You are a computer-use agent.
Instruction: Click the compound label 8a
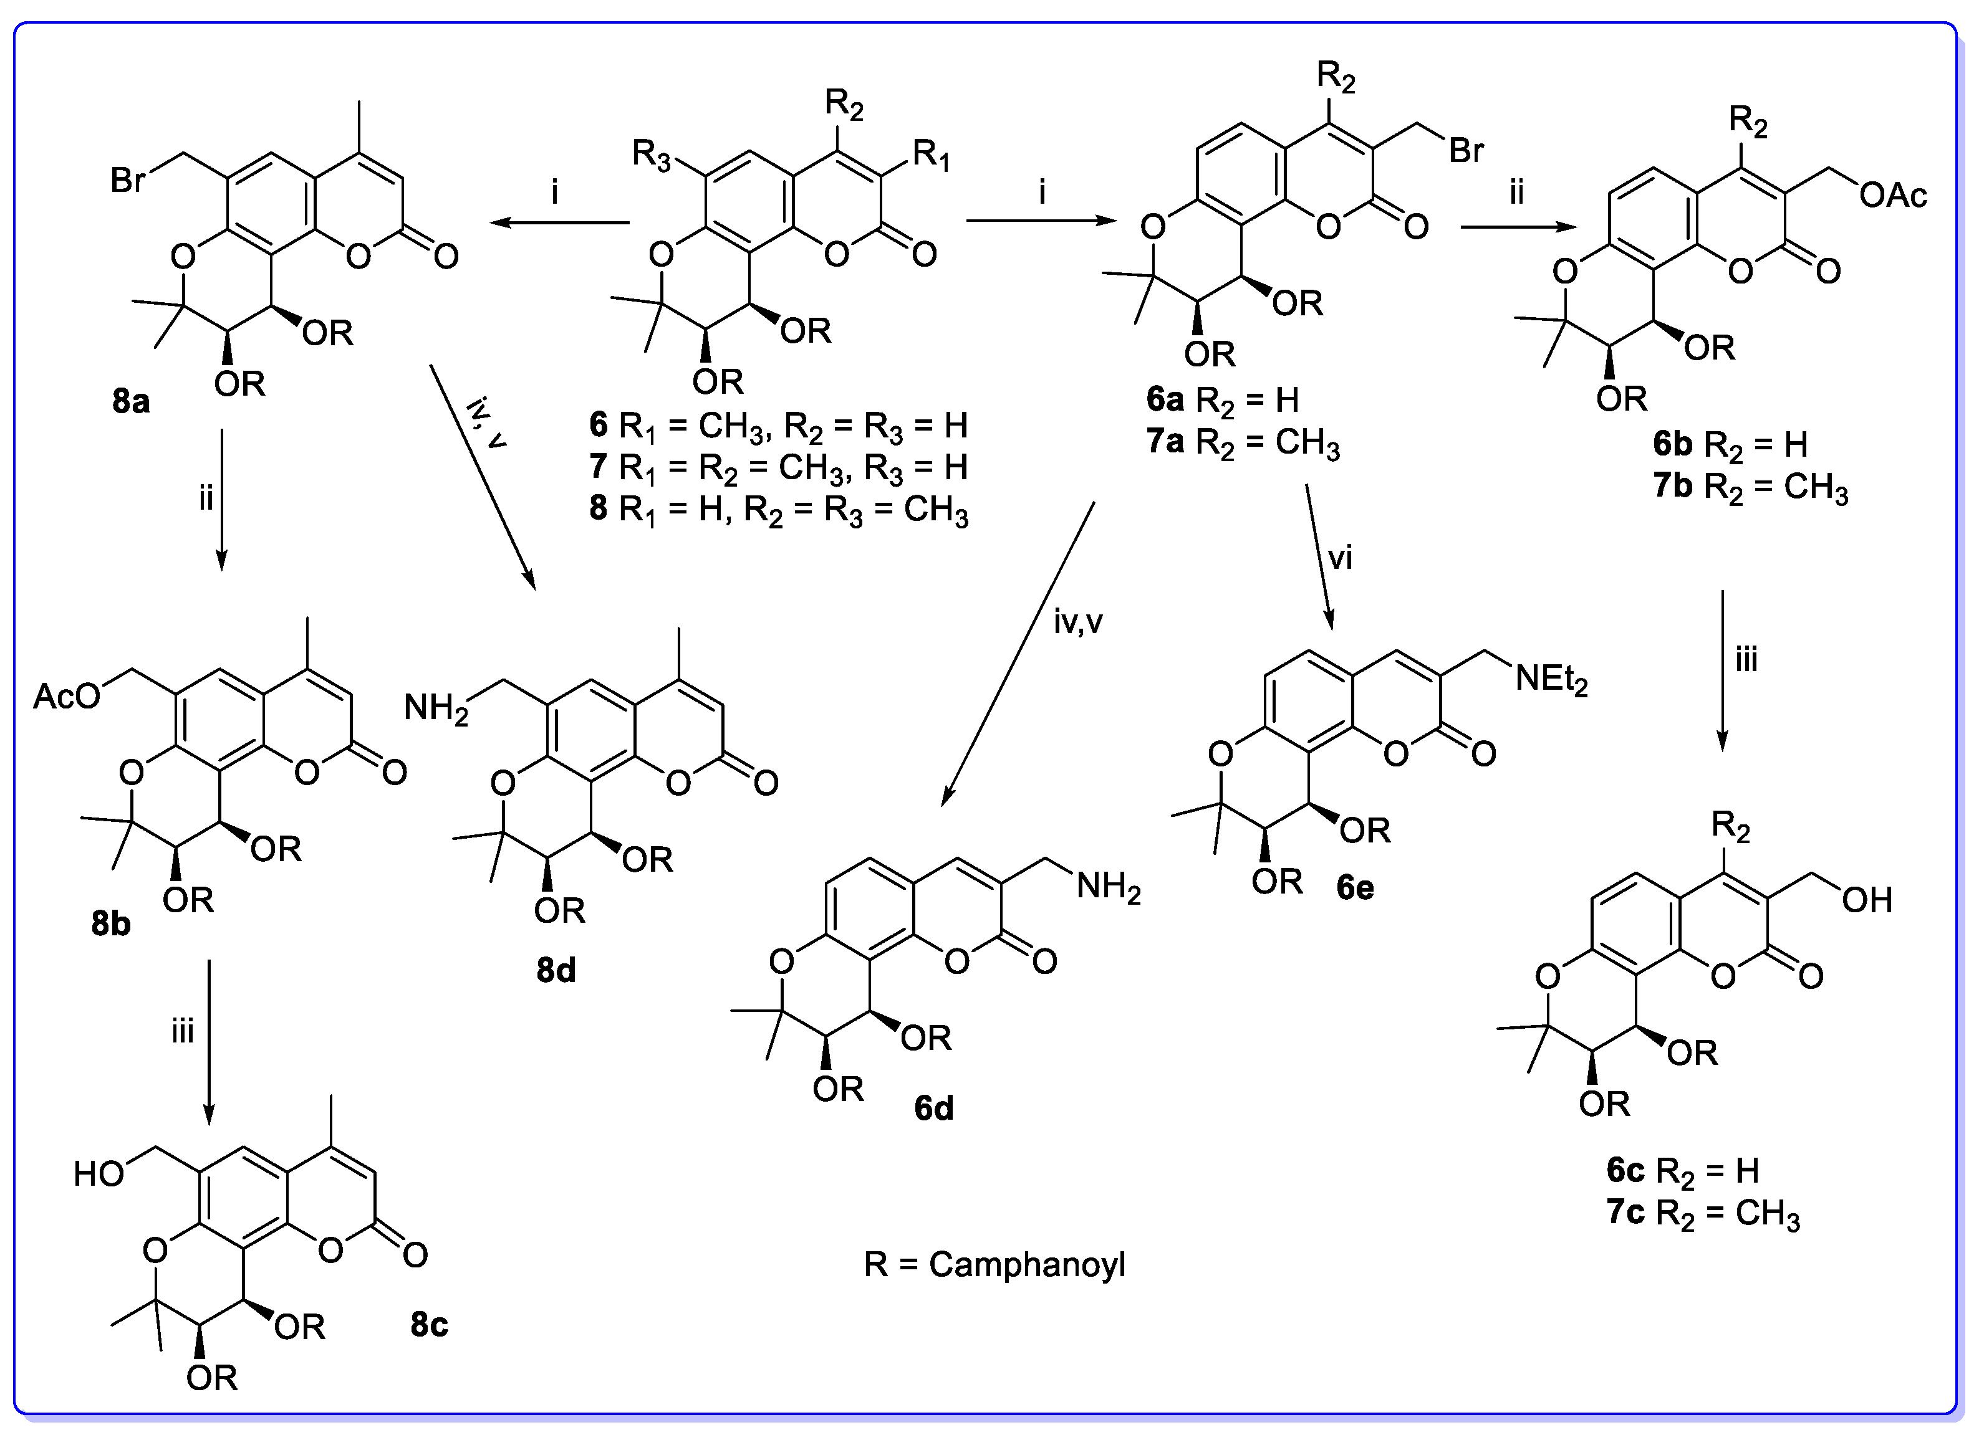tap(131, 402)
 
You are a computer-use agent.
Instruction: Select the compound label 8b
tap(111, 923)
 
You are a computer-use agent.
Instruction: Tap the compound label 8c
tap(430, 1325)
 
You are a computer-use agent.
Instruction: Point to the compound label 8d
tap(556, 970)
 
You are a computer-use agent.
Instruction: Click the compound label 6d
tap(933, 1109)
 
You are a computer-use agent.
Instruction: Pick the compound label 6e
tap(1355, 888)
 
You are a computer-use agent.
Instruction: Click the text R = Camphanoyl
tap(994, 1265)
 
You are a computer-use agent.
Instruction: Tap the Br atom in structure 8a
tap(128, 181)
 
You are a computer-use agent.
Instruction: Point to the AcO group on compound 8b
tap(66, 697)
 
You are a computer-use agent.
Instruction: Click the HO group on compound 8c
tap(99, 1175)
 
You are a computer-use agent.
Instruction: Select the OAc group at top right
tap(1892, 196)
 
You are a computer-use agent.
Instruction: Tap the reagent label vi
tap(1339, 558)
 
